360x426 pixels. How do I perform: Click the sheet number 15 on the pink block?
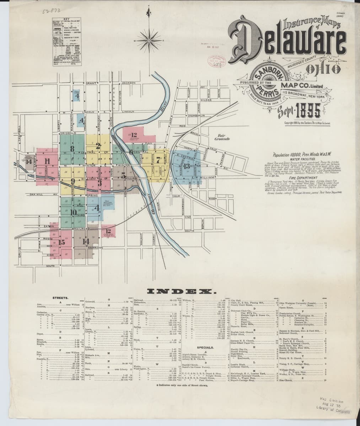point(62,242)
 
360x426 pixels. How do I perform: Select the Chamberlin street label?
point(196,116)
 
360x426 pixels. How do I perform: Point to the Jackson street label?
point(128,83)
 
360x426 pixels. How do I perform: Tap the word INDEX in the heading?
point(180,292)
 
